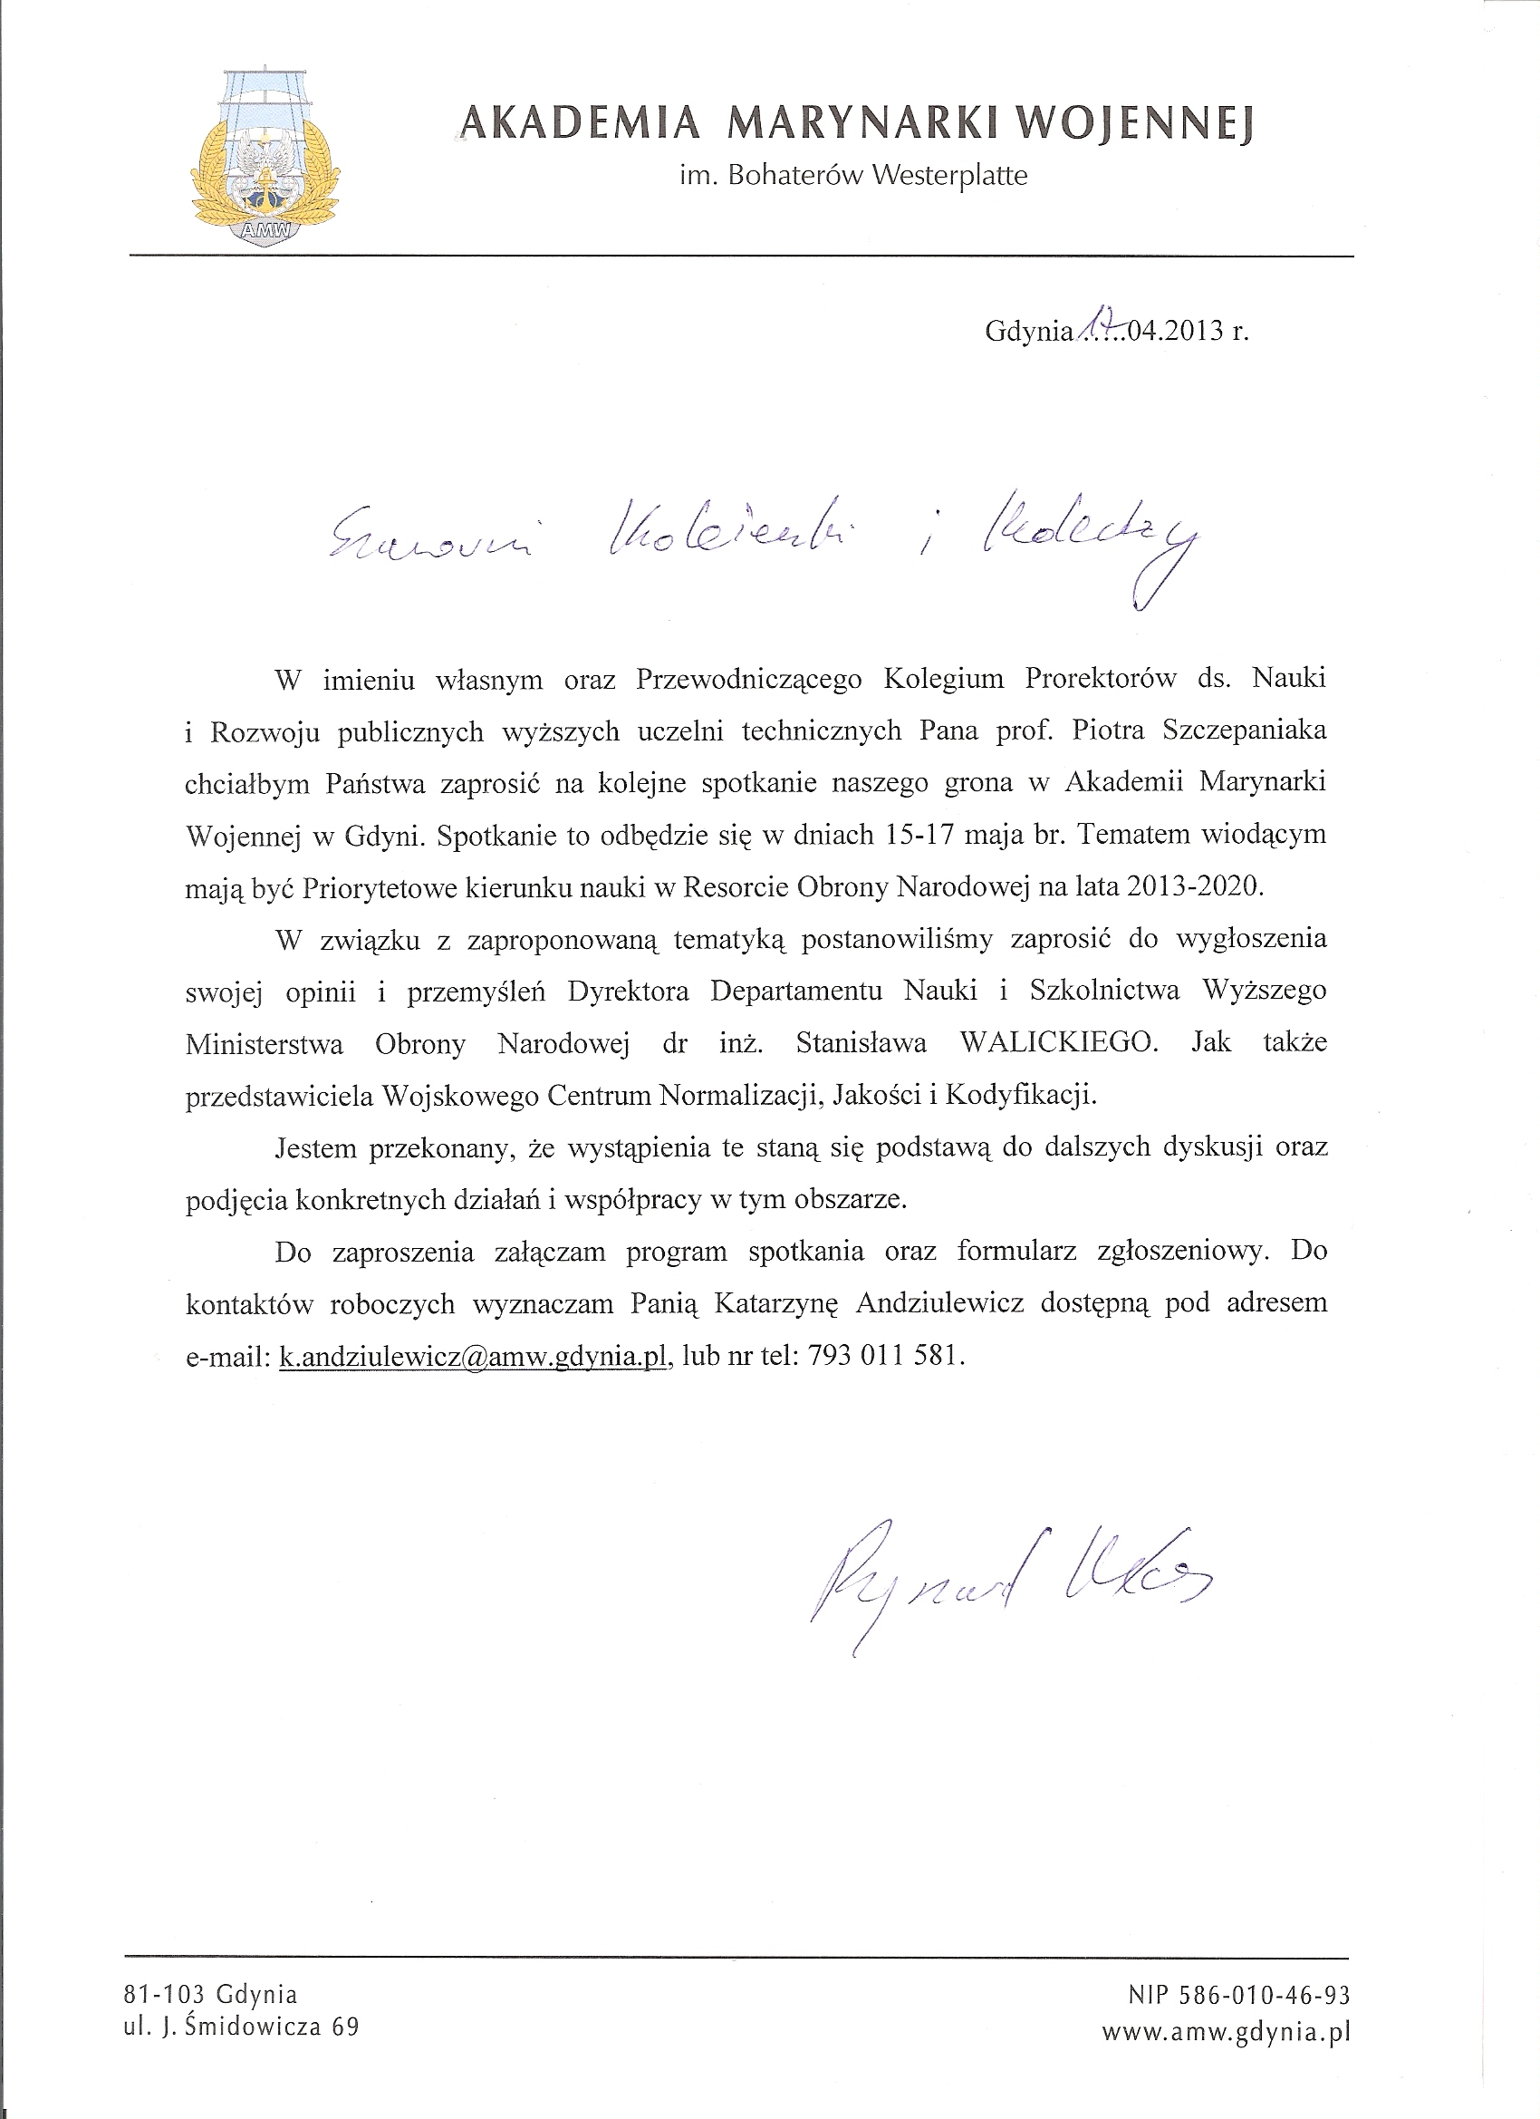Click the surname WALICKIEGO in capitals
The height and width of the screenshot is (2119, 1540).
coord(1058,1043)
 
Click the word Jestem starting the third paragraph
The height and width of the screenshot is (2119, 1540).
coord(314,1147)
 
